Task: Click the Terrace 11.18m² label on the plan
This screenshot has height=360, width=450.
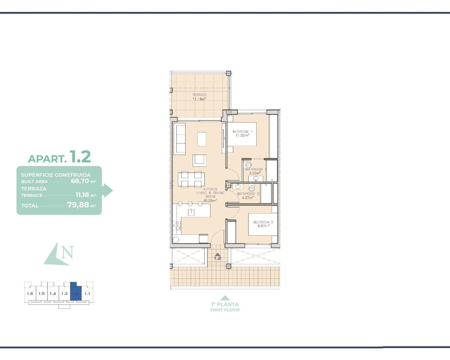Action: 199,97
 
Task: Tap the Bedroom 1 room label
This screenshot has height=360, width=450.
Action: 242,134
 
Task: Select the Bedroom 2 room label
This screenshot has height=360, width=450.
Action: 263,224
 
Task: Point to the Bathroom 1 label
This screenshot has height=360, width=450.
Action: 255,171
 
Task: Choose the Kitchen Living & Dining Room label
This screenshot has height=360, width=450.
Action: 210,195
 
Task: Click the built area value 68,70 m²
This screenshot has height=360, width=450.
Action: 83,181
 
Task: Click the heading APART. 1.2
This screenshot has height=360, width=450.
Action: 59,157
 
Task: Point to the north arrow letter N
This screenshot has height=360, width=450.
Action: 67,252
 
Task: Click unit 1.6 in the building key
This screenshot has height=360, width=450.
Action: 30,294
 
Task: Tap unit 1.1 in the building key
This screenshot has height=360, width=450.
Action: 87,294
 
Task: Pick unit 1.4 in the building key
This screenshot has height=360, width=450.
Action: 53,294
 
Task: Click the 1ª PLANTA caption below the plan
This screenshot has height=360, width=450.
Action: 225,304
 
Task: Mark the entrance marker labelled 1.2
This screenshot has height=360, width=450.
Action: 218,257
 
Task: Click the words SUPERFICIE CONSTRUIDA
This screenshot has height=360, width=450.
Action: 56,175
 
